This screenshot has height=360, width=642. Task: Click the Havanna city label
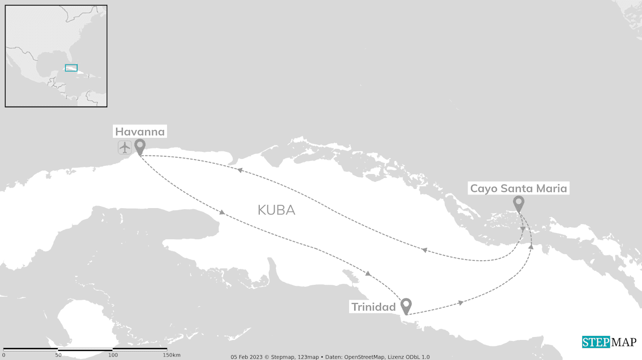[140, 132]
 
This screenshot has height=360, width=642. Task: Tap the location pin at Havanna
[140, 146]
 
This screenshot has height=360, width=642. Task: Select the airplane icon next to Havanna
[125, 147]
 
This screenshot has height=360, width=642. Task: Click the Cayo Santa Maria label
[519, 189]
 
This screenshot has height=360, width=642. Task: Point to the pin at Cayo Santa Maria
[519, 203]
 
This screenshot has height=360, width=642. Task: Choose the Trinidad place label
[374, 307]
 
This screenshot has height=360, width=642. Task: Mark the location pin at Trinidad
[406, 305]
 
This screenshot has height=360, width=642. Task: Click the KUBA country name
[276, 210]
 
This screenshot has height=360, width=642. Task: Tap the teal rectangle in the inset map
[71, 68]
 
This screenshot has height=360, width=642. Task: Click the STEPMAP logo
[609, 342]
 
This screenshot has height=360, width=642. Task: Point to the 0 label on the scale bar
[4, 355]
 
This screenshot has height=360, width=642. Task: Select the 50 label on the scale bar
[58, 355]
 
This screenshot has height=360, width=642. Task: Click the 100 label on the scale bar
[113, 355]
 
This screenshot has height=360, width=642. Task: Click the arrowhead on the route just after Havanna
[222, 213]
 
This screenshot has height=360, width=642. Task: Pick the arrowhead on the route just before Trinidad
[368, 274]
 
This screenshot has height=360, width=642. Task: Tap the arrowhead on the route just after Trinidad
[460, 303]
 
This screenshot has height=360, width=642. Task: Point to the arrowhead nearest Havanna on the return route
[240, 170]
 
